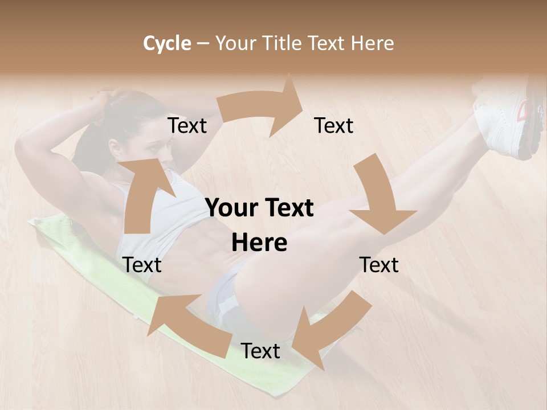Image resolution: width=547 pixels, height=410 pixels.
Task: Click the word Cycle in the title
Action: click(x=167, y=43)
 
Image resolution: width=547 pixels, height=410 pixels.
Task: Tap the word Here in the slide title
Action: click(x=373, y=43)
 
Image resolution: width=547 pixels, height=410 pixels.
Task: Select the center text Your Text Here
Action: click(x=260, y=225)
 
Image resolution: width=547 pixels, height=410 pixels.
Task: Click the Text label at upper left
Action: click(x=187, y=125)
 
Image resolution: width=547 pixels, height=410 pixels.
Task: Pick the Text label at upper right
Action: click(x=334, y=125)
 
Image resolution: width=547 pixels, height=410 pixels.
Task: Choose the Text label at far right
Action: click(x=379, y=265)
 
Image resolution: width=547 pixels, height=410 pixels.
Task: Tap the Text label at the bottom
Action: click(x=260, y=351)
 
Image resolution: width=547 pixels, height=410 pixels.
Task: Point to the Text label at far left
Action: click(x=142, y=265)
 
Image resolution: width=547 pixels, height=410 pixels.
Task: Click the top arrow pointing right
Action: click(x=268, y=108)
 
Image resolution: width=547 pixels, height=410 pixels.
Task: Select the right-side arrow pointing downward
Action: click(x=379, y=199)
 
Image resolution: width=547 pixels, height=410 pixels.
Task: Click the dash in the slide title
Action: click(x=203, y=44)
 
